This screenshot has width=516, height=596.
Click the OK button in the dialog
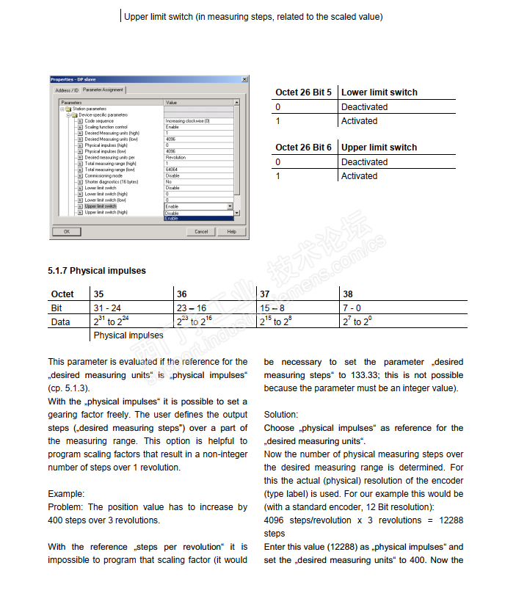click(67, 231)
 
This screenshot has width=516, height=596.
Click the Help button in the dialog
click(231, 231)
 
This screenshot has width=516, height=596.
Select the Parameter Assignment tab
click(103, 90)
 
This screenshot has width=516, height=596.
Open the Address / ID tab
click(66, 90)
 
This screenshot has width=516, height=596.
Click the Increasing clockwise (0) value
click(188, 121)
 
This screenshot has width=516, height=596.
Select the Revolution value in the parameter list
click(176, 158)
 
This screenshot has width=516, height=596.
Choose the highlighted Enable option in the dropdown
click(172, 219)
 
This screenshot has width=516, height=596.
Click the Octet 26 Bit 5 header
click(303, 92)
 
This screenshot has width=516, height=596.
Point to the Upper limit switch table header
click(379, 148)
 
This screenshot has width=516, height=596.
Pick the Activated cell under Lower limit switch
click(359, 121)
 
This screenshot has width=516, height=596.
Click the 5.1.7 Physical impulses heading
click(97, 271)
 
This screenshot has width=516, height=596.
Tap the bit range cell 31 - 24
click(109, 308)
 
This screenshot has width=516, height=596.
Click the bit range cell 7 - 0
click(352, 308)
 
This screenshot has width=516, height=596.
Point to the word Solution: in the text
click(280, 415)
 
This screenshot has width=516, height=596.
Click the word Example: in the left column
click(66, 494)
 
